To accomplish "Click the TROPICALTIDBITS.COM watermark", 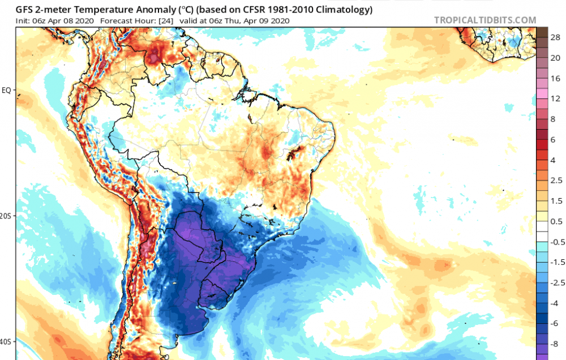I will click(x=485, y=20).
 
